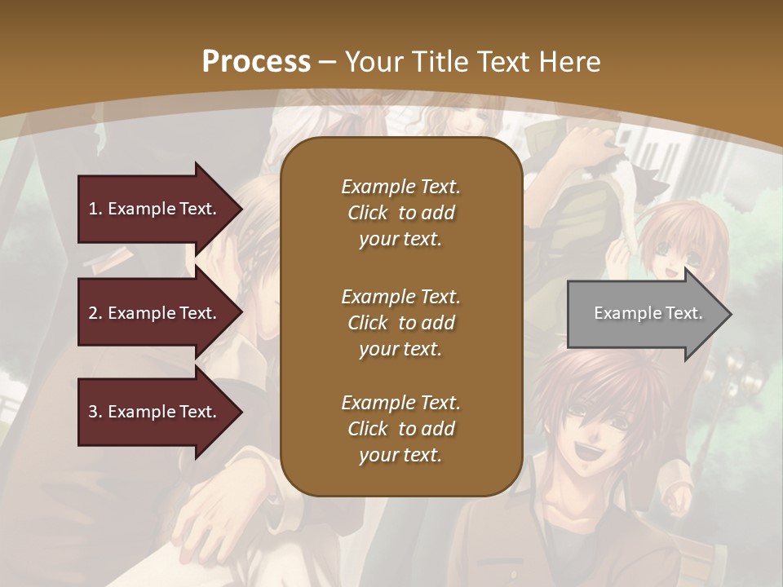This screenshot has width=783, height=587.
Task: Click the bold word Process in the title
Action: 256,61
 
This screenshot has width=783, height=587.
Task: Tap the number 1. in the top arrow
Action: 95,209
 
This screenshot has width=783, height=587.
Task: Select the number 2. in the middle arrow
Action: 95,313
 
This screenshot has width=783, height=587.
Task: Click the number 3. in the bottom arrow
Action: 95,412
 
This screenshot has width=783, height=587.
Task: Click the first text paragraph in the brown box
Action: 400,213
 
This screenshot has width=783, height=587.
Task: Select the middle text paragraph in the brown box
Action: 400,323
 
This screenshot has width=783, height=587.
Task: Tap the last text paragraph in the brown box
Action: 400,429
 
